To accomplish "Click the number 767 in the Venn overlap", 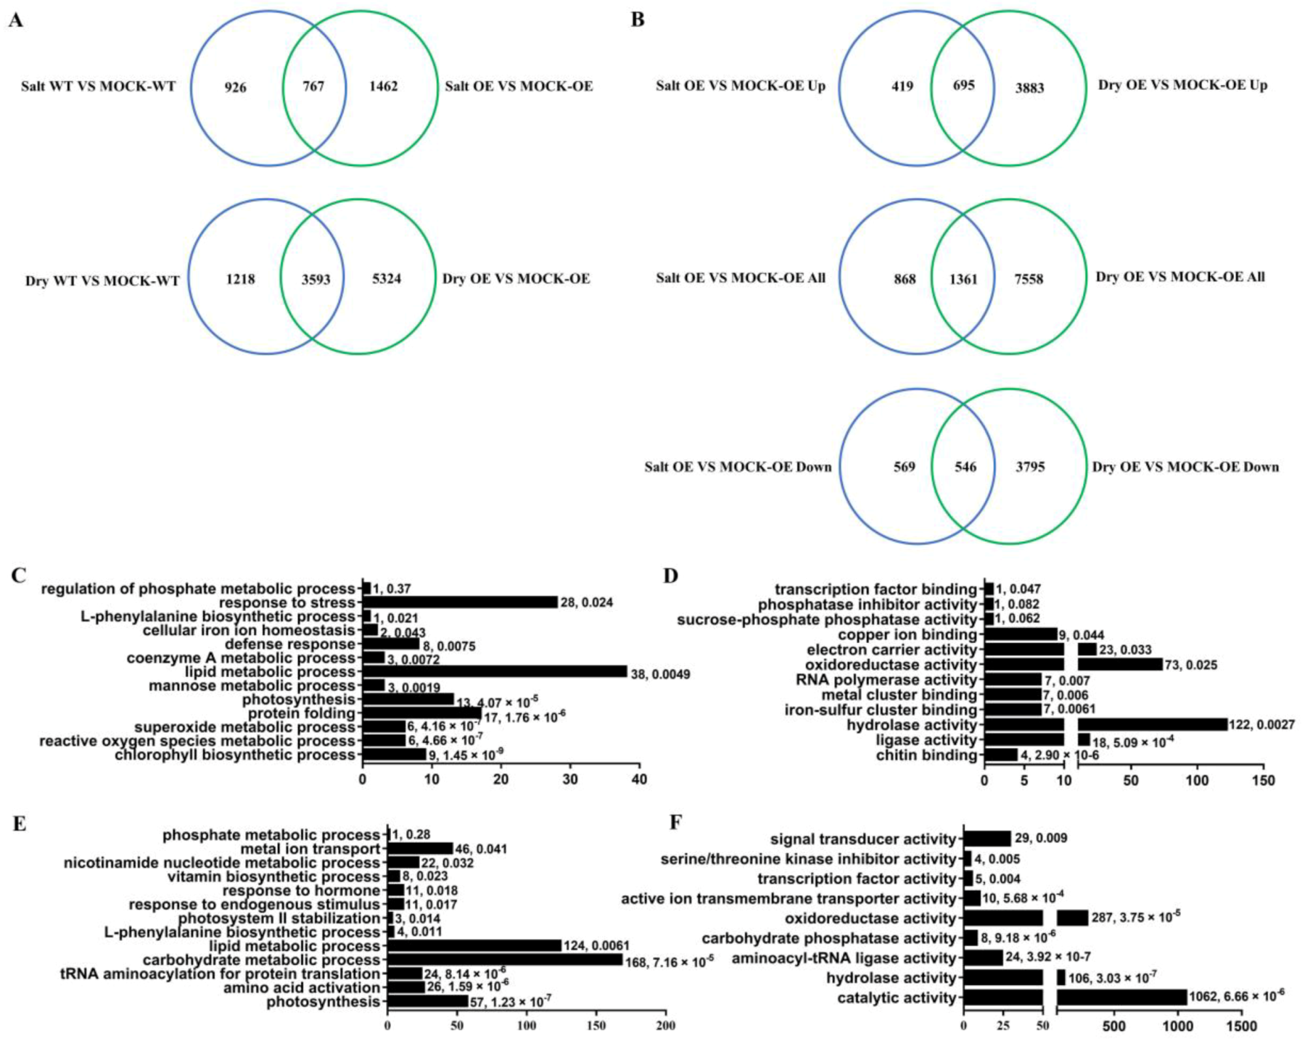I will (313, 87).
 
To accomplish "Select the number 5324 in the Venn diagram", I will (386, 279).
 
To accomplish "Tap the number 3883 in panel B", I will (1029, 88).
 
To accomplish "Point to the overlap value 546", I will (965, 467).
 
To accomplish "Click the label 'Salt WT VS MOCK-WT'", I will (99, 87).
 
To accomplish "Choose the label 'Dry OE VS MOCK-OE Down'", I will (1185, 467).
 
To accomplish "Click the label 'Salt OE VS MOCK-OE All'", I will (741, 277).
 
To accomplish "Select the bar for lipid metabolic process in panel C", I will (494, 672).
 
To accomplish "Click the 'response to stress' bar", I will (460, 602).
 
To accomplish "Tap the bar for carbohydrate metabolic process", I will (505, 960).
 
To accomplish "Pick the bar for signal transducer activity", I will (987, 839).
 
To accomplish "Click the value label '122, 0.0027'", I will (1262, 725).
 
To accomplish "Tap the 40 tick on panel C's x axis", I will (639, 780).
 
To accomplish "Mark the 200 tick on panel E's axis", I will (665, 1026).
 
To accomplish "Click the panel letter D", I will (671, 576).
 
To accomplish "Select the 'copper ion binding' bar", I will (1021, 634).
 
